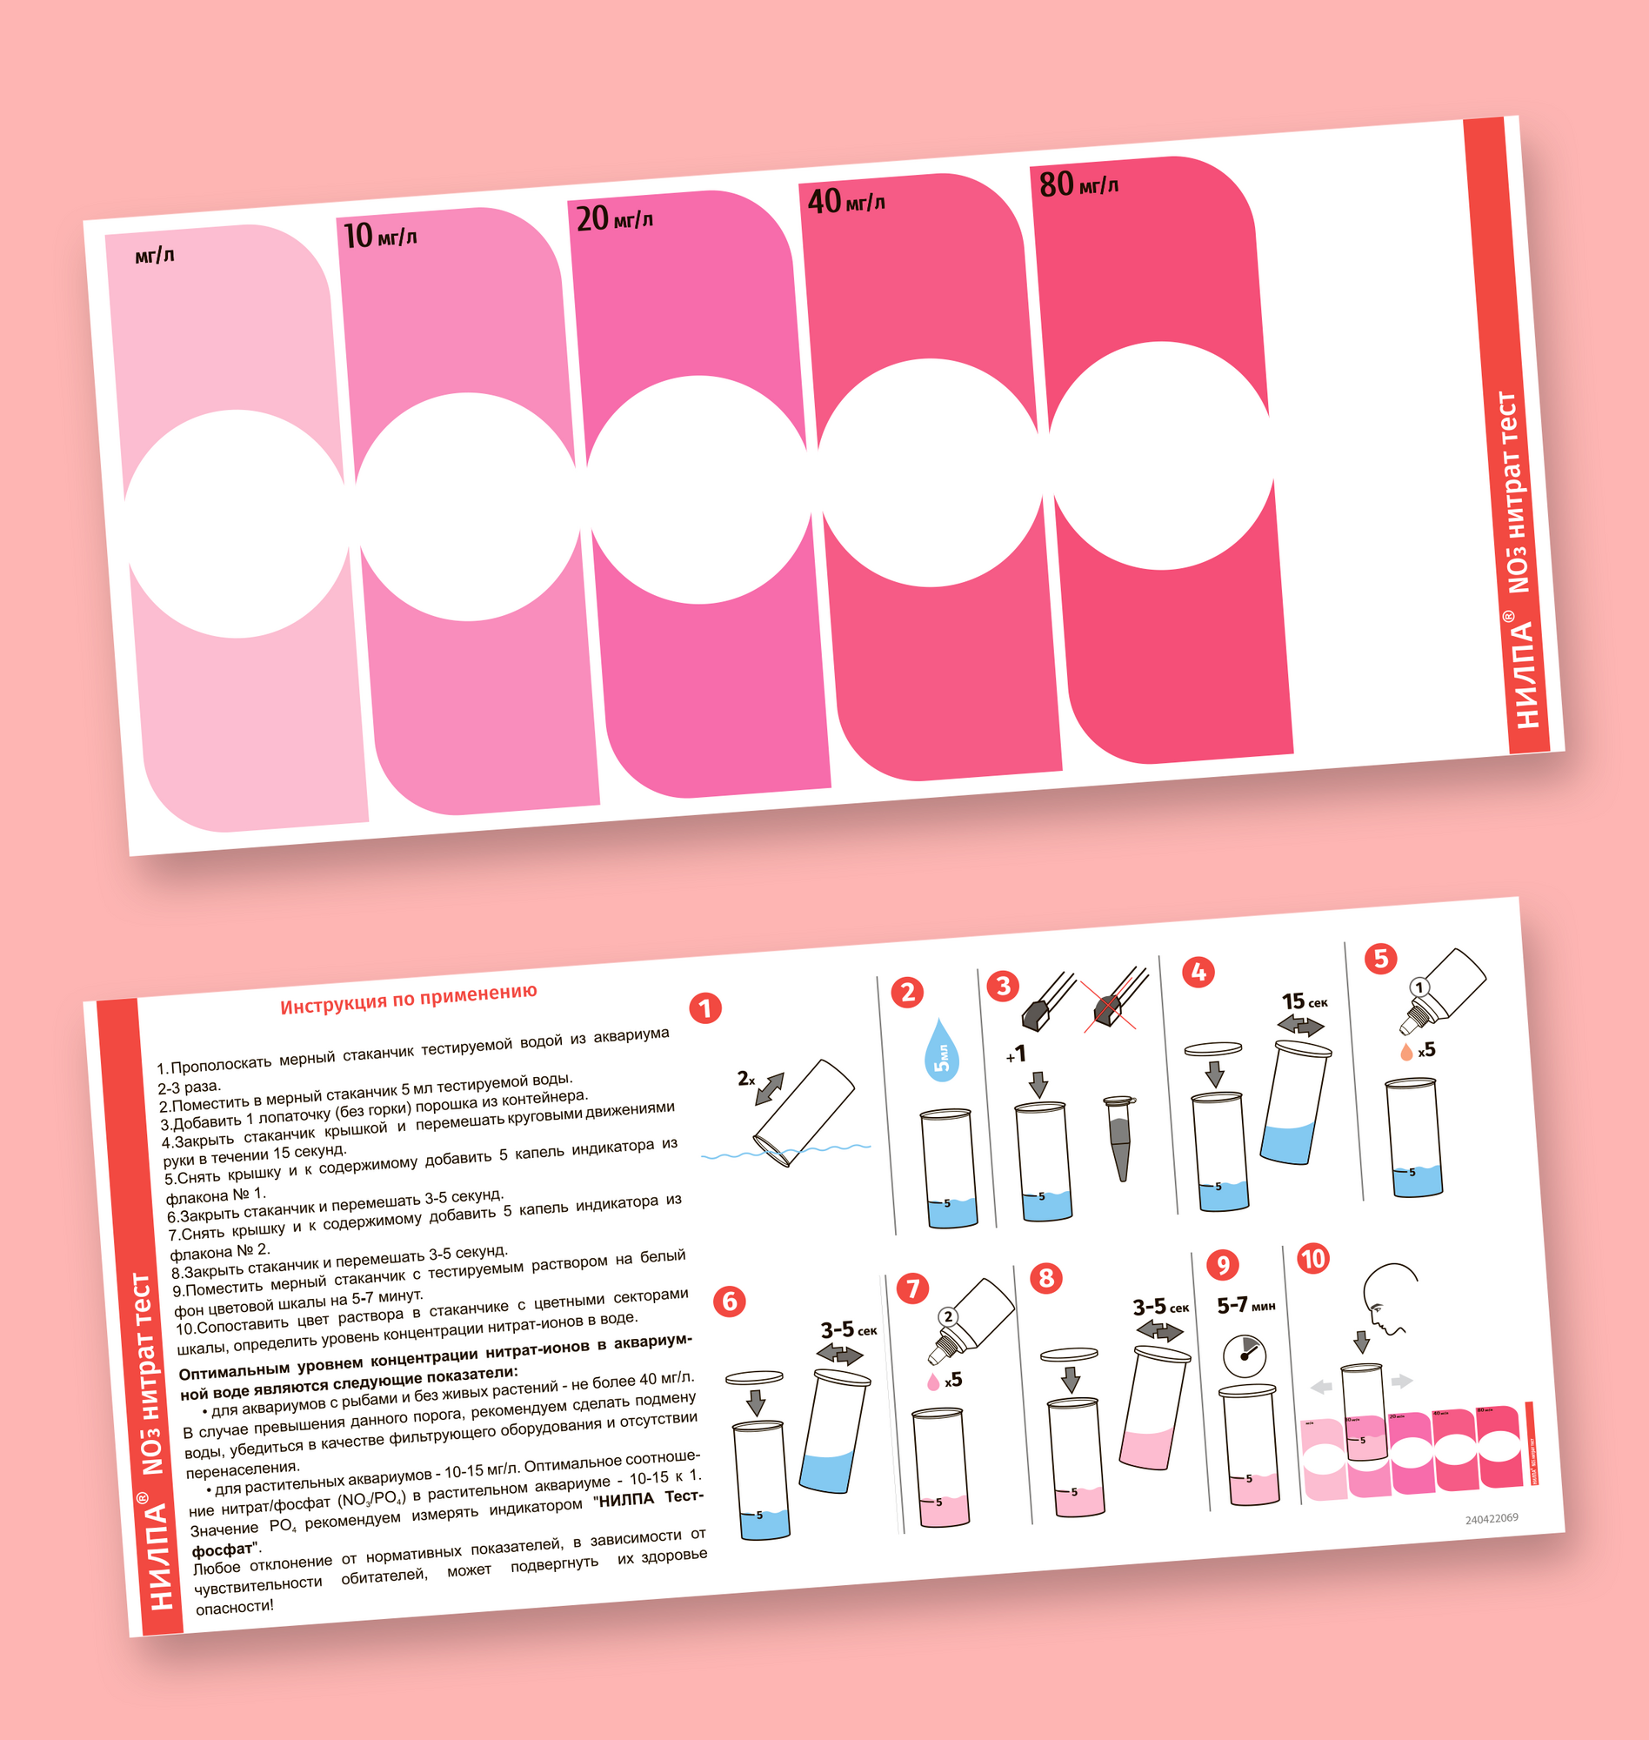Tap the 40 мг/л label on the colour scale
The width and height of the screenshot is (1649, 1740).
845,201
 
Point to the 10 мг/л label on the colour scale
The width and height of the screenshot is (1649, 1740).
380,236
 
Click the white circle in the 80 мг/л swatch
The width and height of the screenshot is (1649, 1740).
1161,454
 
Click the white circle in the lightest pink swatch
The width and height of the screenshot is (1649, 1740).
236,523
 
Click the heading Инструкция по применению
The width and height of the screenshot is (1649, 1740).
409,999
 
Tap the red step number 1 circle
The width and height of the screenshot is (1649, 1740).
705,1008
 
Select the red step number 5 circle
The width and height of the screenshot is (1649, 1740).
1381,959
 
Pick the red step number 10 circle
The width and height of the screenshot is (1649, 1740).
1313,1258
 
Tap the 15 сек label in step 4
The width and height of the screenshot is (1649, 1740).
1305,1001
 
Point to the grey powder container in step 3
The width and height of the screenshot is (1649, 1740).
1120,1138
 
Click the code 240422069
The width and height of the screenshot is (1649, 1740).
1492,1518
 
